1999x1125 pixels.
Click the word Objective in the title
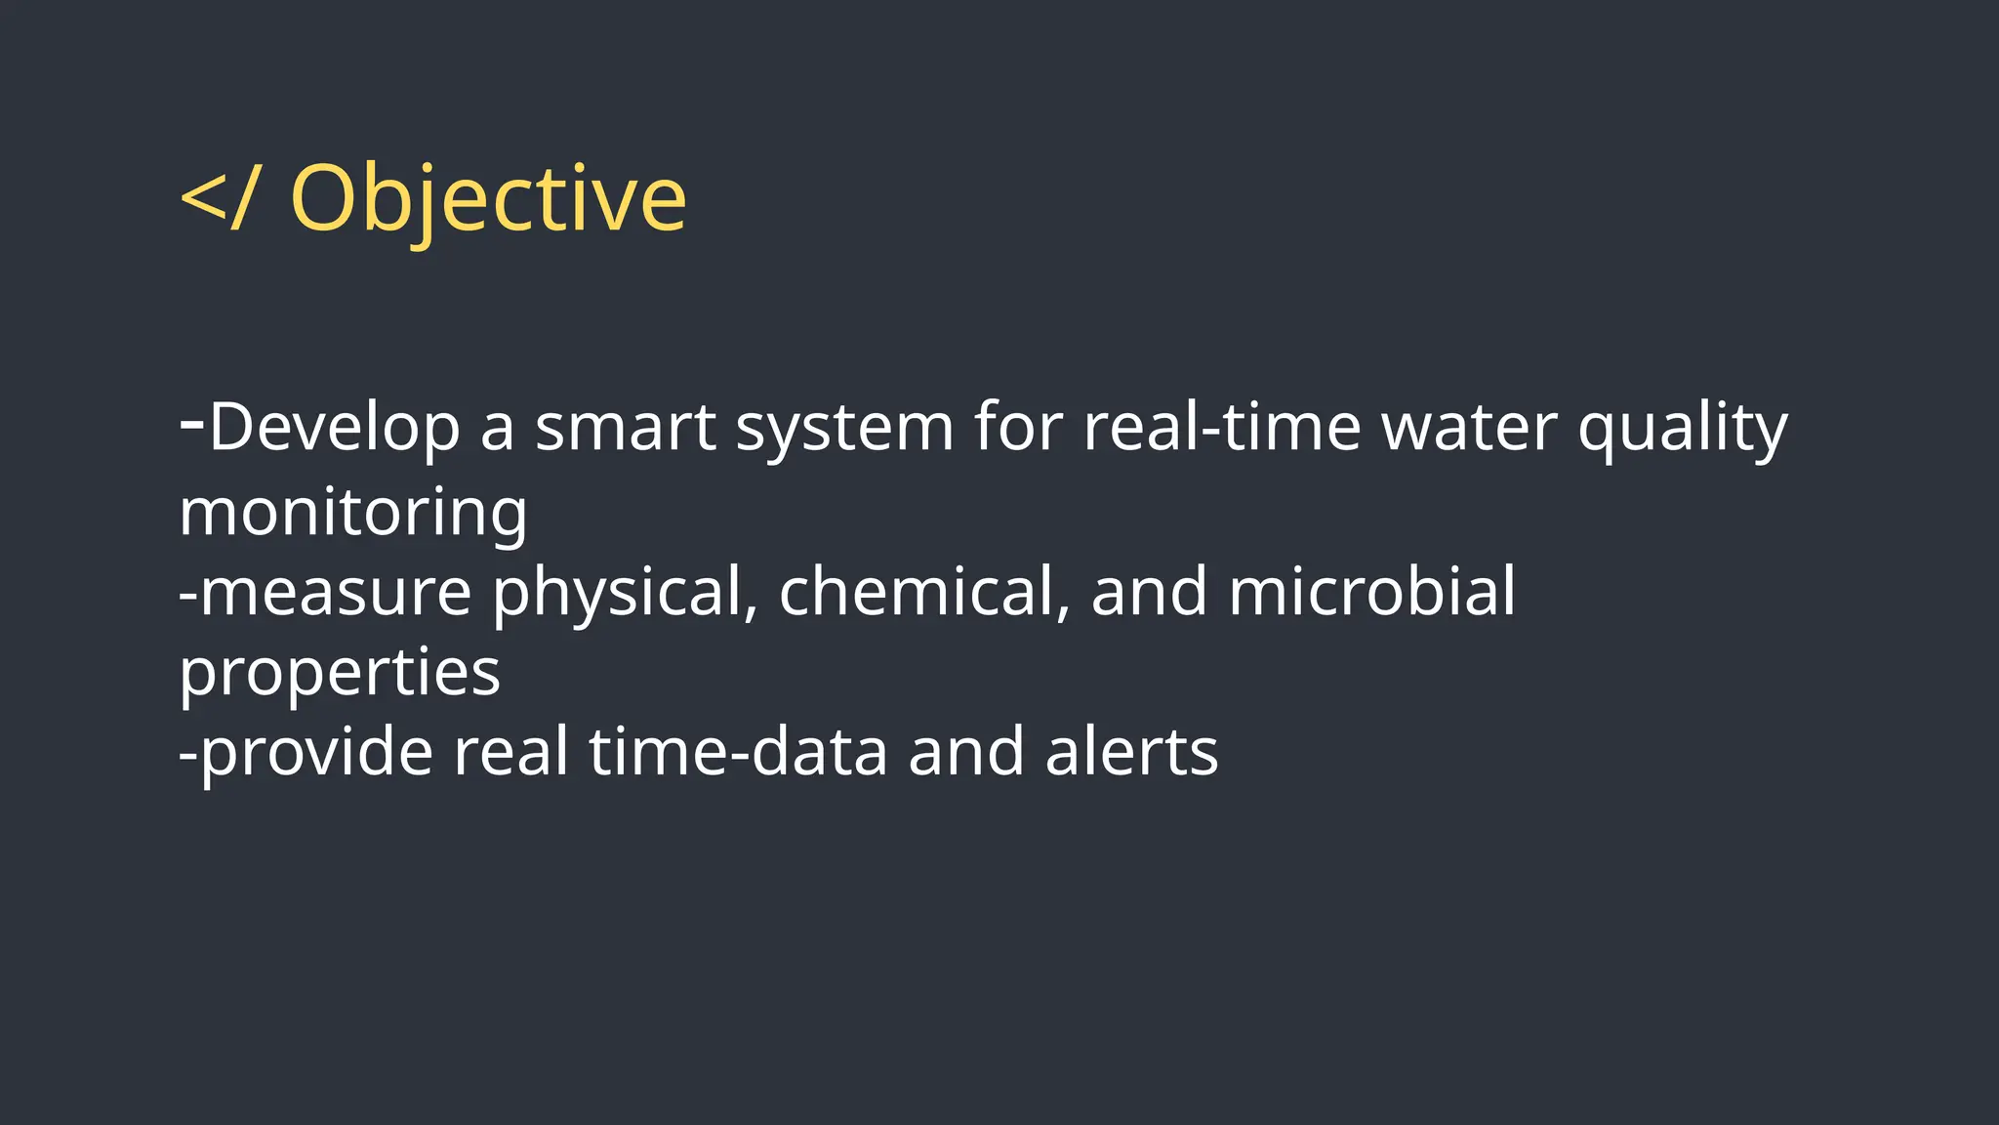[488, 200]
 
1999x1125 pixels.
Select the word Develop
[334, 428]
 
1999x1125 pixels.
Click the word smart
[626, 428]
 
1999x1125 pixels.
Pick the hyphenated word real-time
[1222, 428]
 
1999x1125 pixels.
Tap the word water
[1469, 428]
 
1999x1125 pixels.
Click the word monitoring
[353, 513]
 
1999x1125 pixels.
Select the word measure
[336, 593]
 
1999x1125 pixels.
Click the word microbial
[1371, 593]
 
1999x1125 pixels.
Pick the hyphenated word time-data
[738, 753]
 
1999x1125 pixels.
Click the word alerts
[1131, 753]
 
